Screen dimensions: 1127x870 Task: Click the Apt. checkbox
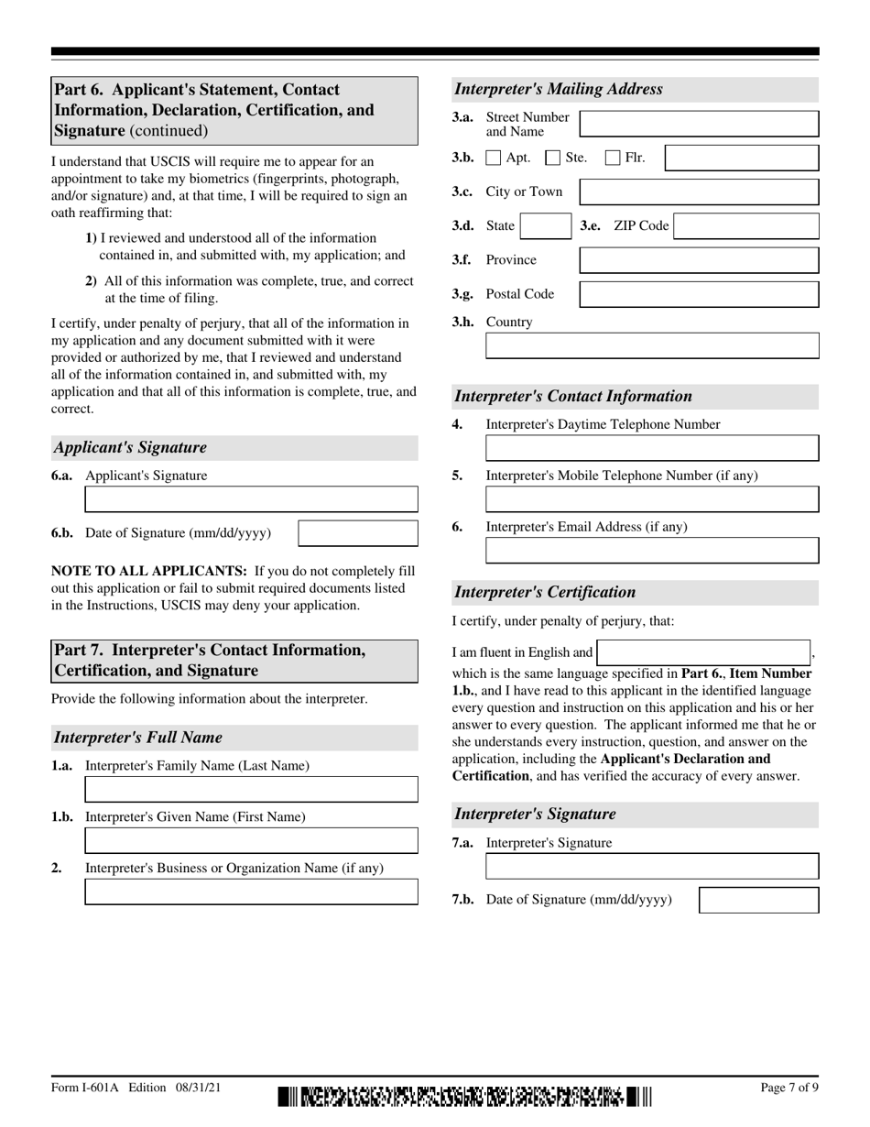click(x=493, y=158)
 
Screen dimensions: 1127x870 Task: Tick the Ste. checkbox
click(x=552, y=158)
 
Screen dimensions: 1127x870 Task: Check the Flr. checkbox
click(x=613, y=158)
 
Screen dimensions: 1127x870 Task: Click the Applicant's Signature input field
click(x=251, y=499)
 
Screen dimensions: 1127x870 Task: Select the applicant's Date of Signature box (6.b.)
click(x=358, y=533)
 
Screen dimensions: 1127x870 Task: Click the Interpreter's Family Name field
click(x=251, y=789)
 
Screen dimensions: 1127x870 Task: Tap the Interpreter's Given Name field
click(x=251, y=840)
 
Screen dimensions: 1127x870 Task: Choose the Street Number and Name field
click(x=699, y=125)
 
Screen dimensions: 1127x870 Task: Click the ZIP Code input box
click(x=745, y=226)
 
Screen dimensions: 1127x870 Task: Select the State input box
click(x=546, y=226)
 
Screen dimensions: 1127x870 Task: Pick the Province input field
click(x=699, y=260)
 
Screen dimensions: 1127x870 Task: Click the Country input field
click(x=651, y=345)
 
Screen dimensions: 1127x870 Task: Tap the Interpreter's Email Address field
click(x=651, y=551)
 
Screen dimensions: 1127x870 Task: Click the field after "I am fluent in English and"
click(x=703, y=652)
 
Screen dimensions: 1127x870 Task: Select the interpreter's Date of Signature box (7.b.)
click(x=758, y=900)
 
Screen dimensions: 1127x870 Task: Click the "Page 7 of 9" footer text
click(x=789, y=1088)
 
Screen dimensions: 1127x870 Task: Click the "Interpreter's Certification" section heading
click(x=545, y=592)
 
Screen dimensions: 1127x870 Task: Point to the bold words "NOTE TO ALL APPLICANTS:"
click(x=149, y=571)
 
